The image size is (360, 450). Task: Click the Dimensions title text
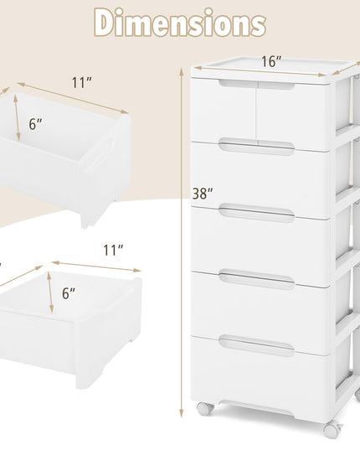point(180,23)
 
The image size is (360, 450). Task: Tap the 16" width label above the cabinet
point(271,62)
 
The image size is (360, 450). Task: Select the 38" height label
point(203,194)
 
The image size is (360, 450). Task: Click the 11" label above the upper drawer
point(82,83)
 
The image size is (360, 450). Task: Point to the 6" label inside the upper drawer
point(35,124)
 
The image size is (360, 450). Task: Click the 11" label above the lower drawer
point(113,251)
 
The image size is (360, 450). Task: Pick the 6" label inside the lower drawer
point(69,293)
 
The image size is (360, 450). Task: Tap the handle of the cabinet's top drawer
point(257,85)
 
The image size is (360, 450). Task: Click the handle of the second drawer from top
point(257,147)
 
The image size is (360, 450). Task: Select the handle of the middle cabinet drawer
point(257,213)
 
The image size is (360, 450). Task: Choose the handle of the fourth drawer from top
point(257,279)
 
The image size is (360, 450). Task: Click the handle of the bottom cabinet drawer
point(257,345)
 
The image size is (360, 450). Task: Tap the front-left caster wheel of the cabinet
point(205,409)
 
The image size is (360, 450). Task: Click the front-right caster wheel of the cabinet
point(332,431)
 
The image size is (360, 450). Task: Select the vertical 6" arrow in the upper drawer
point(17,117)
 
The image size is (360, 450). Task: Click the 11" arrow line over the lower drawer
point(96,266)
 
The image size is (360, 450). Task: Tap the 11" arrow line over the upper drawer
point(73,98)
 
